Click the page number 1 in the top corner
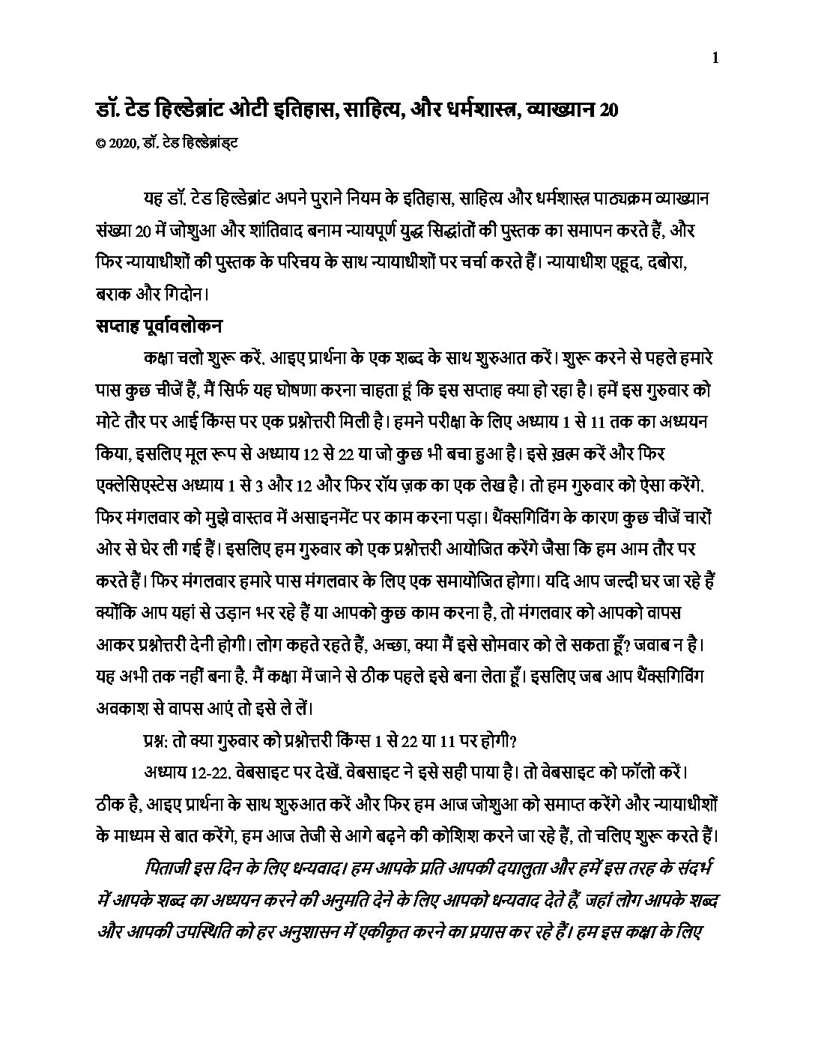[x=716, y=58]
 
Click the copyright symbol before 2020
[x=100, y=139]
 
